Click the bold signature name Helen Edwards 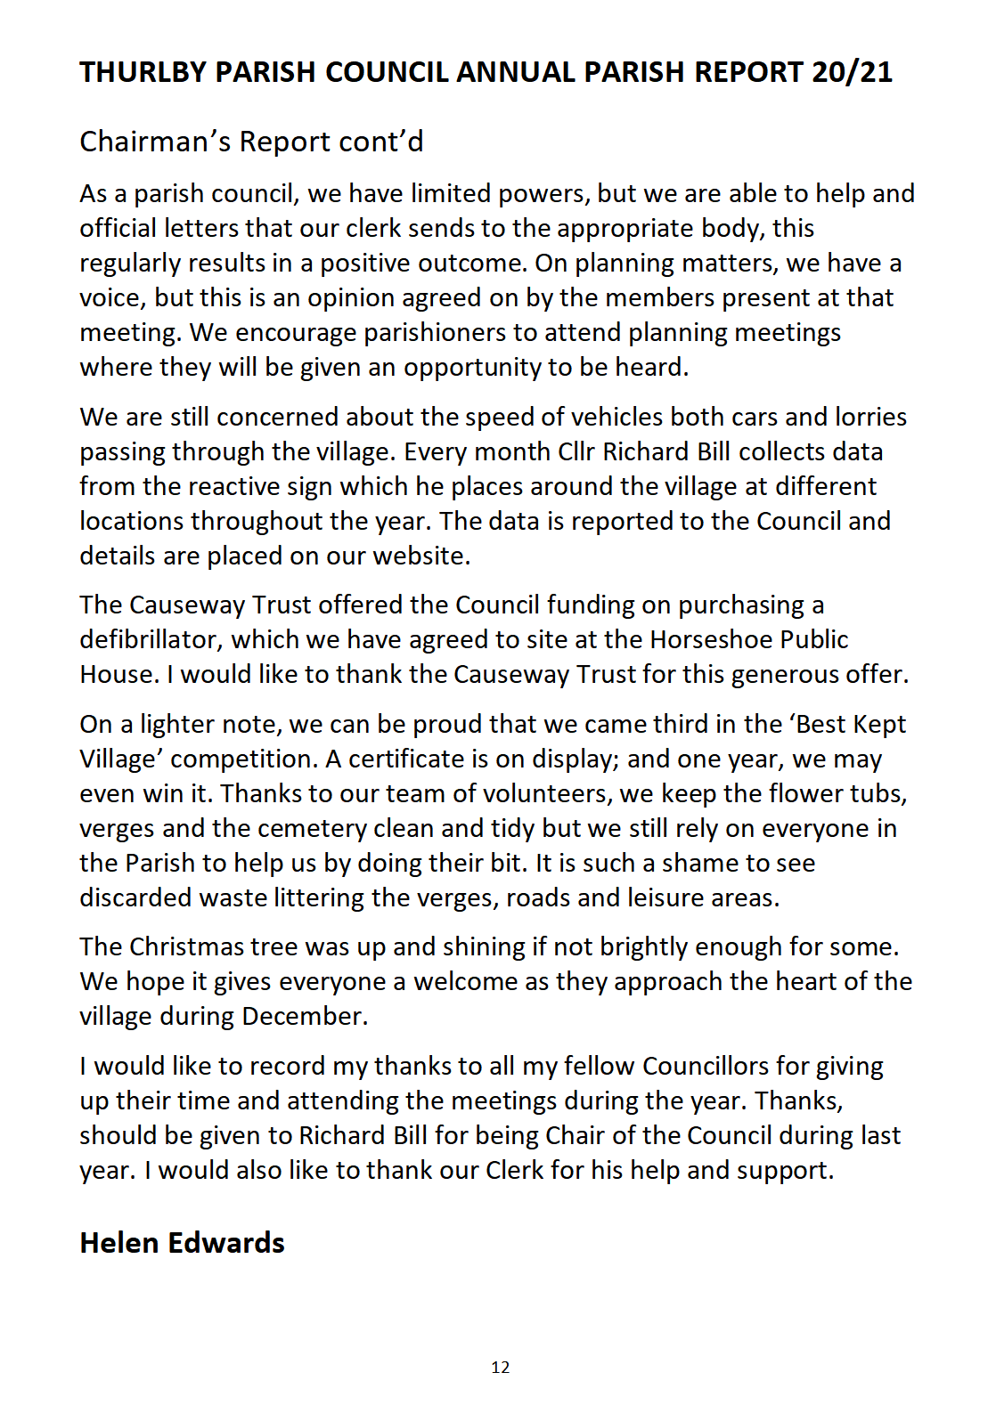pyautogui.click(x=182, y=1243)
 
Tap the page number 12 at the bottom pyautogui.click(x=500, y=1368)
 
